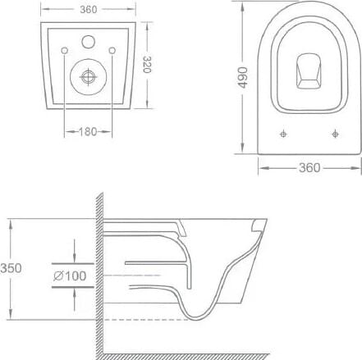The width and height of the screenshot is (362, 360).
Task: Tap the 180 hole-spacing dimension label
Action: (x=88, y=131)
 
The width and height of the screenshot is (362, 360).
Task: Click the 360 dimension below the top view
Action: (x=309, y=168)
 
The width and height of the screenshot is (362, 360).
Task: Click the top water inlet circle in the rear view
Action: (x=88, y=42)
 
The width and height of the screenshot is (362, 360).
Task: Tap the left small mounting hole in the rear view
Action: (x=65, y=53)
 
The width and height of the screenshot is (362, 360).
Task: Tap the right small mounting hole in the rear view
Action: (x=112, y=53)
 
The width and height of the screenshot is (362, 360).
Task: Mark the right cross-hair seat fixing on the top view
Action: (x=334, y=133)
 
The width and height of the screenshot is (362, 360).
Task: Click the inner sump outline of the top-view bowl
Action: (x=309, y=71)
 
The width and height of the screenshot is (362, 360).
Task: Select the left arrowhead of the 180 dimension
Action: (x=66, y=131)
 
